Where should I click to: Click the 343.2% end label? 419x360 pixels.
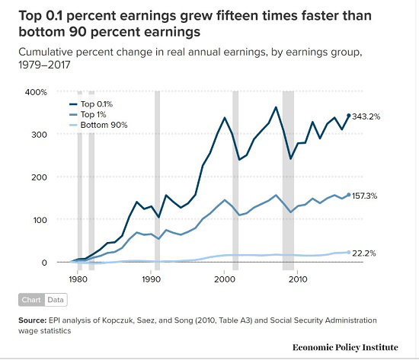(x=366, y=116)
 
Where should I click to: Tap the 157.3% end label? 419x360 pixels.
(x=364, y=196)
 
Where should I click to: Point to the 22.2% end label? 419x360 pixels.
(x=364, y=253)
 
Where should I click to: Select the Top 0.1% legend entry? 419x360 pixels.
(x=91, y=104)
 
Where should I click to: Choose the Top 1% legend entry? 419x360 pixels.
(x=88, y=114)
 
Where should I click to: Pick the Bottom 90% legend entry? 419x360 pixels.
(x=98, y=125)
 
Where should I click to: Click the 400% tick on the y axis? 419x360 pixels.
(x=36, y=92)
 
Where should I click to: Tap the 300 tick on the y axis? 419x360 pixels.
(x=40, y=135)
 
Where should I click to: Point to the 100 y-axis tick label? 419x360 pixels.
(x=40, y=220)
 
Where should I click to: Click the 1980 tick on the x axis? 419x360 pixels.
(x=78, y=279)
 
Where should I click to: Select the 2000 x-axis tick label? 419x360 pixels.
(x=225, y=279)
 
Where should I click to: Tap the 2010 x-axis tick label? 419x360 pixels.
(x=298, y=279)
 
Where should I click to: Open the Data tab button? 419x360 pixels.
(x=56, y=300)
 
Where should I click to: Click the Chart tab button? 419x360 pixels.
(x=31, y=300)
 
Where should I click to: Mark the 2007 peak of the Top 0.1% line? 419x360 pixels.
(x=276, y=107)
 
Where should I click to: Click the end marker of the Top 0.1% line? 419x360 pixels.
(x=348, y=116)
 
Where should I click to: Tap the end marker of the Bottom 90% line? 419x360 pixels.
(x=348, y=253)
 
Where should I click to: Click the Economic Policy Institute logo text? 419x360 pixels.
(x=345, y=347)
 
